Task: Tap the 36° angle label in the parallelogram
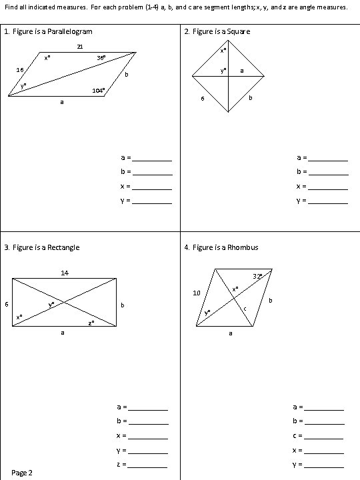(101, 58)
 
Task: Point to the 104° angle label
(98, 90)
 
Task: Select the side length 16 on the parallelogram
(21, 69)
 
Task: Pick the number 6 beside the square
(203, 100)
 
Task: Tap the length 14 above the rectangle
(64, 273)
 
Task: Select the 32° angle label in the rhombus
(257, 276)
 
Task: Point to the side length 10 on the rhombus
(196, 293)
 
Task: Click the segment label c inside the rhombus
(245, 308)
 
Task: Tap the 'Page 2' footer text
(23, 473)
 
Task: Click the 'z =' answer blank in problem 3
(148, 465)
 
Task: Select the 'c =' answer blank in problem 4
(324, 436)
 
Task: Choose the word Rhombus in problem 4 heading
(245, 247)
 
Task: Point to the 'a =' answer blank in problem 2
(329, 159)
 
